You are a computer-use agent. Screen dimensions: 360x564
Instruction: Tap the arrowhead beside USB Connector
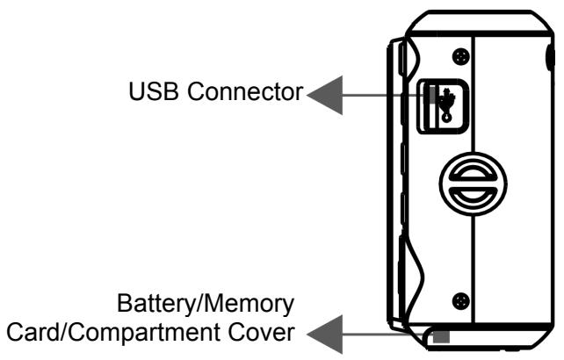pyautogui.click(x=322, y=91)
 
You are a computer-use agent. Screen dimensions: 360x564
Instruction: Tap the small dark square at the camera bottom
pyautogui.click(x=440, y=335)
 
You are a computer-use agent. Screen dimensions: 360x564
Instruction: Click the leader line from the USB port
pyautogui.click(x=378, y=91)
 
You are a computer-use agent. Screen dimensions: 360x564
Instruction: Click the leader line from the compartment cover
pyautogui.click(x=378, y=334)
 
